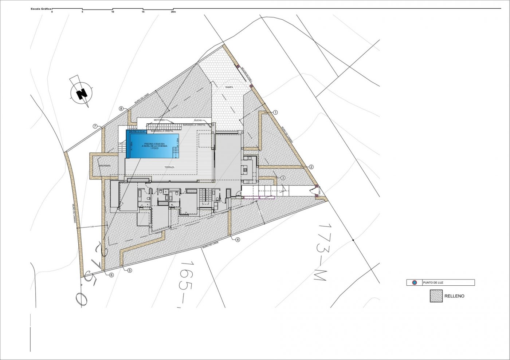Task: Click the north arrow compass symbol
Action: [82, 92]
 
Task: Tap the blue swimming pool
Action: [153, 145]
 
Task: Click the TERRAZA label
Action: [169, 167]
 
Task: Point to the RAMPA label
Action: [229, 87]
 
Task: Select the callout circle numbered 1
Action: [275, 113]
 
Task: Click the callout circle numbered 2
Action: [311, 167]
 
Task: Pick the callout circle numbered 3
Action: [283, 178]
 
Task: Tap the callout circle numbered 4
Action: [238, 240]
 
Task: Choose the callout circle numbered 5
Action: [129, 270]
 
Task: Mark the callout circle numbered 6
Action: [111, 275]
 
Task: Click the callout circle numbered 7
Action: [95, 126]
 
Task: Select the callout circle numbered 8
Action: [121, 108]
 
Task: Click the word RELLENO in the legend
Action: [454, 296]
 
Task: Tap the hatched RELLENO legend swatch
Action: [436, 296]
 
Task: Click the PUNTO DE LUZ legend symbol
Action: [414, 282]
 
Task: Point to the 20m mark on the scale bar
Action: [173, 12]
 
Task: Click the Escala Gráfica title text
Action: [41, 8]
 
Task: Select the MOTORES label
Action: [159, 120]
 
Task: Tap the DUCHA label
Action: [198, 120]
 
